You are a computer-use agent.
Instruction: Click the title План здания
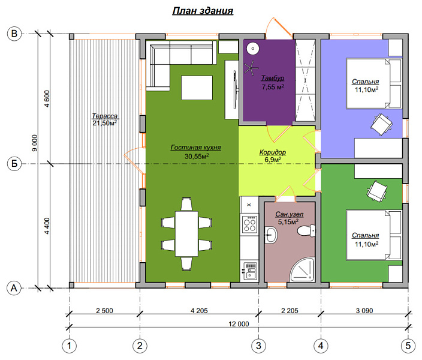203,11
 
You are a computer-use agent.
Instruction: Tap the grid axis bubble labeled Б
14,164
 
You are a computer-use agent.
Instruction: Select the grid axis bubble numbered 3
258,346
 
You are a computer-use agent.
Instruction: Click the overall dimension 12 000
239,323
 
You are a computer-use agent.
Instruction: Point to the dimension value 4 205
199,311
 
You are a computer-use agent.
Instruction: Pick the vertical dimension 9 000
35,143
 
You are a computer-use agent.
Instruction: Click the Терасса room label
105,116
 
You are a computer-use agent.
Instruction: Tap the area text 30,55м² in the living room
197,156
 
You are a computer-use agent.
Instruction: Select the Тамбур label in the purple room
273,78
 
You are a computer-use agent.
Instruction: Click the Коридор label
273,152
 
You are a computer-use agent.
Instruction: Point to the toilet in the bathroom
306,230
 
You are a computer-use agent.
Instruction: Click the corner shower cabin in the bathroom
302,270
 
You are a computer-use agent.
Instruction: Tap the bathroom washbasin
271,235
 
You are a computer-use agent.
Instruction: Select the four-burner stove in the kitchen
249,224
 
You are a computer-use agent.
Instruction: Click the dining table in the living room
186,233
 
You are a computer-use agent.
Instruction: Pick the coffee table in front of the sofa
197,88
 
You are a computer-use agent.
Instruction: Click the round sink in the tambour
253,49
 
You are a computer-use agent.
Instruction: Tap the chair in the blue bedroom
381,124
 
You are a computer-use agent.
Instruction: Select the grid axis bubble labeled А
14,288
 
